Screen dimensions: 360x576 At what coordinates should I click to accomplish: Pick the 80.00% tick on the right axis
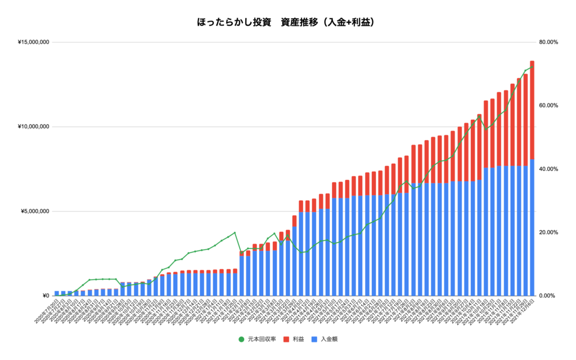click(548, 42)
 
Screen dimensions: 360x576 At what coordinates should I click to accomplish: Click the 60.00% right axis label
click(548, 106)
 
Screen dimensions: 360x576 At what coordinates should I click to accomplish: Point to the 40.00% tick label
click(548, 169)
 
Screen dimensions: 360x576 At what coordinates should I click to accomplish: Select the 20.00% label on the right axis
click(548, 232)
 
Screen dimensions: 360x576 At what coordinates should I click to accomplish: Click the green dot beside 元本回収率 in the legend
click(241, 339)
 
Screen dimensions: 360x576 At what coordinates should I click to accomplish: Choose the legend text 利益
click(298, 339)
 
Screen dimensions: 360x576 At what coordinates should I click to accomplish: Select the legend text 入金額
click(329, 339)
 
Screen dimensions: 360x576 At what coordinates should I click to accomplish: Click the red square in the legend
click(286, 339)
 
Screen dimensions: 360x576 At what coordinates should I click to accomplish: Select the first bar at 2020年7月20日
click(57, 293)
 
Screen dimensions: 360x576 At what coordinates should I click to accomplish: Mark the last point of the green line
click(532, 67)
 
